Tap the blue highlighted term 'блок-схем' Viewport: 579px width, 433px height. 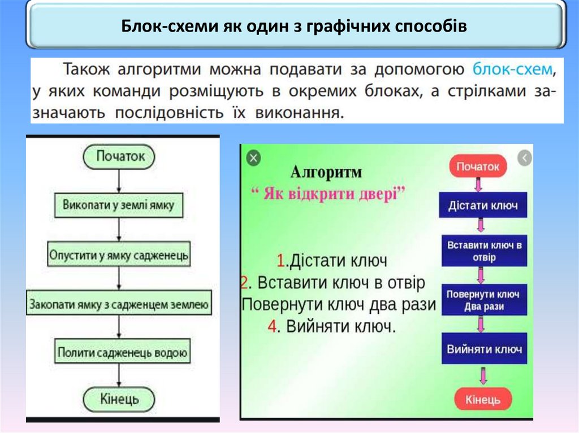tap(512, 70)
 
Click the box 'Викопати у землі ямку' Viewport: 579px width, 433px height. tap(118, 204)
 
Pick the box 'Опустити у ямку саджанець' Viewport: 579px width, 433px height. tap(119, 255)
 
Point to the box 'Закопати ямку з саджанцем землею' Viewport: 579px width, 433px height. tap(119, 305)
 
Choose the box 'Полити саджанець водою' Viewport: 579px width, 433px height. tap(122, 353)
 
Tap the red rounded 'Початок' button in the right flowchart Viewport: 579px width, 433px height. tap(478, 167)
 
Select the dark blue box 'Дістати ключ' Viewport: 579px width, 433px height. tap(483, 205)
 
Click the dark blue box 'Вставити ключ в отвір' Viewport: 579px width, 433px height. tap(484, 251)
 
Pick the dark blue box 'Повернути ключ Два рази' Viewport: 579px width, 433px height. tap(483, 300)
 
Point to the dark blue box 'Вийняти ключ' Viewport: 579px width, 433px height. tap(484, 349)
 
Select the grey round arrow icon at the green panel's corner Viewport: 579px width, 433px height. tap(525, 158)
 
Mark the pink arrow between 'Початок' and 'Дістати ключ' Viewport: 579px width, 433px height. tap(478, 185)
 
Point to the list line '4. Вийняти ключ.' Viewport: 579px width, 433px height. tap(331, 326)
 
